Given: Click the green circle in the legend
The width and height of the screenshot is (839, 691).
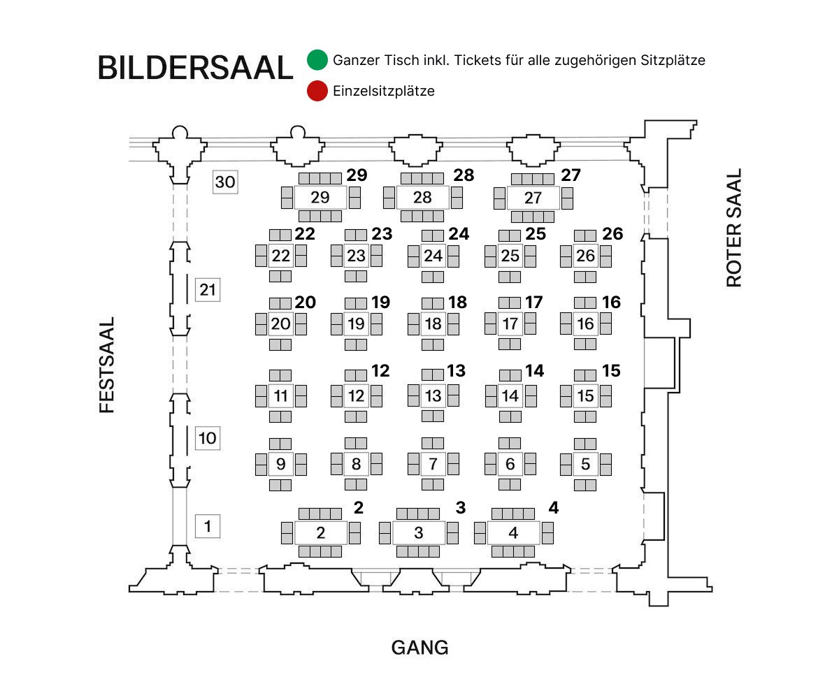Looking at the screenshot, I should (x=317, y=60).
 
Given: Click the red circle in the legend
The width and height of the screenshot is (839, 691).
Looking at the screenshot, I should (x=317, y=91).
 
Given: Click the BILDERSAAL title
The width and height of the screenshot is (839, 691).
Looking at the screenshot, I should (x=194, y=68).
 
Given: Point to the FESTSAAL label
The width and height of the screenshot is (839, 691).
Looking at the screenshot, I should (x=107, y=365).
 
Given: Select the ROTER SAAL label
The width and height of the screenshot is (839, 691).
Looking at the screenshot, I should (x=733, y=228).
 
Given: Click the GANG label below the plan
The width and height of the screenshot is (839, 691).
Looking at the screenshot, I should (x=419, y=648).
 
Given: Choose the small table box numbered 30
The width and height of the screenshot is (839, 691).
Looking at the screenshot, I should (x=225, y=182).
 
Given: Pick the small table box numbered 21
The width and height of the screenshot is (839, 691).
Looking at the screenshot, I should (x=208, y=289).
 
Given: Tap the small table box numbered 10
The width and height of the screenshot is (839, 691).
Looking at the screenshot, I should (x=208, y=438).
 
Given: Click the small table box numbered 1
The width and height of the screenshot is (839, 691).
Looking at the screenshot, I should (x=208, y=525).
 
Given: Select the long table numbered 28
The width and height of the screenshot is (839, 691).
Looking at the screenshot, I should (x=422, y=198).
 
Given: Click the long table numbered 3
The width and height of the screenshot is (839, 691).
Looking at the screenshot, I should (x=418, y=533).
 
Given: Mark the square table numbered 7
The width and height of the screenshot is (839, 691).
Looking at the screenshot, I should (x=433, y=464).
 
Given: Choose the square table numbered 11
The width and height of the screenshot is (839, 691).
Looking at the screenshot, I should (x=281, y=396).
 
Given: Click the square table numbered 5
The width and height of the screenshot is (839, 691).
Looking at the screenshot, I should (x=585, y=464).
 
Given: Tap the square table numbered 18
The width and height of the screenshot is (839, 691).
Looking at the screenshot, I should (x=433, y=323).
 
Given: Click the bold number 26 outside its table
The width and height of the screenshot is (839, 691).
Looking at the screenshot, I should (x=612, y=234).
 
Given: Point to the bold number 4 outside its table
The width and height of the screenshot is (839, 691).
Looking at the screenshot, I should (x=553, y=508).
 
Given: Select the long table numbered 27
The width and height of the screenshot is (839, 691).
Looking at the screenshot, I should (x=533, y=198).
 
